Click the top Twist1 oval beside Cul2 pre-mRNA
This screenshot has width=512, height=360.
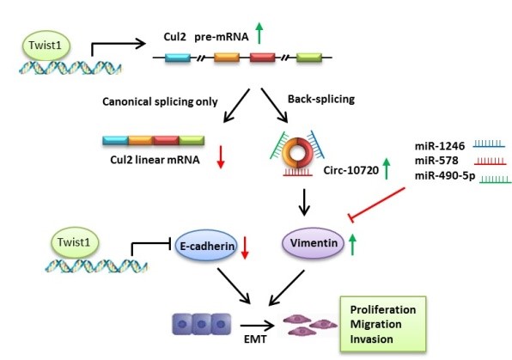(x=46, y=46)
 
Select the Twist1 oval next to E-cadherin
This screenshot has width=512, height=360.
(x=75, y=243)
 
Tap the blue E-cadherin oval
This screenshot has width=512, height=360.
(x=206, y=246)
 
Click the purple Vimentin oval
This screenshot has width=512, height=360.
(x=313, y=243)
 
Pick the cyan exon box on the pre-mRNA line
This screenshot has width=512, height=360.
(x=178, y=58)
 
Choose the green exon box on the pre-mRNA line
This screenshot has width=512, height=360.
(x=309, y=58)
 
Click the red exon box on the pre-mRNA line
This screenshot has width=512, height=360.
(x=263, y=58)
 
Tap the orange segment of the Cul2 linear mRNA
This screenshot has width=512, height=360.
(x=141, y=140)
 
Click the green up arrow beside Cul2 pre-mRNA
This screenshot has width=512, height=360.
(x=259, y=33)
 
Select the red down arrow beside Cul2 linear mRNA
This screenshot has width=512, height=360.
(x=221, y=157)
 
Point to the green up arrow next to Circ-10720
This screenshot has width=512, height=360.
(x=387, y=168)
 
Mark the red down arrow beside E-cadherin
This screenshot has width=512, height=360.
(x=245, y=248)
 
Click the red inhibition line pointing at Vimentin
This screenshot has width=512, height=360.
(x=377, y=204)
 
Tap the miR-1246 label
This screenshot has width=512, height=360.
(x=440, y=146)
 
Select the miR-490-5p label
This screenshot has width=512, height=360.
(x=445, y=176)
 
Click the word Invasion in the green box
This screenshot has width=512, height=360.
(x=372, y=339)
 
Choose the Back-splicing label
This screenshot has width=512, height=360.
(x=321, y=100)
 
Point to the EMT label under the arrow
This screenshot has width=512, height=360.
(x=255, y=339)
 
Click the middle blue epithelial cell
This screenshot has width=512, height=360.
(x=202, y=324)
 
